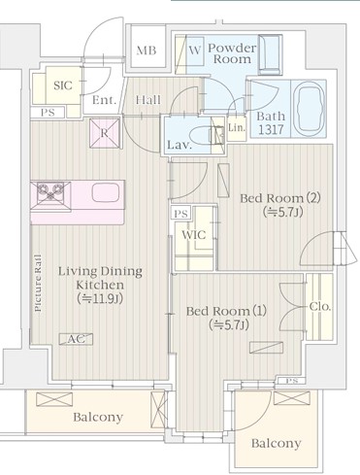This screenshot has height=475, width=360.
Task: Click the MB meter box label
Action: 147,51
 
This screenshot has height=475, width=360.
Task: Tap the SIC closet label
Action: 63,85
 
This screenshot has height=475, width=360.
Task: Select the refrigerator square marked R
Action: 105,133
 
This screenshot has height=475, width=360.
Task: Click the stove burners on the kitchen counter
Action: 50,192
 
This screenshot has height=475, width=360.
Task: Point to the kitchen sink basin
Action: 105,192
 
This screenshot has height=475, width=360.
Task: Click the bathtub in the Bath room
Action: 311,109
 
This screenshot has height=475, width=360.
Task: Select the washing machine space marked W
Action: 195,51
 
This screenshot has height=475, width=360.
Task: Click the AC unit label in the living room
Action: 76,339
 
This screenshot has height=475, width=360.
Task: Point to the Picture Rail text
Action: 38,284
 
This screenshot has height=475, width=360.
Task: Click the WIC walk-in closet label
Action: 194,234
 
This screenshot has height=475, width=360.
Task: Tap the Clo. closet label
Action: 320,306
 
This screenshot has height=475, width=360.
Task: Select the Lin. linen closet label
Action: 237,127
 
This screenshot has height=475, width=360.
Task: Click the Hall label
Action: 148,99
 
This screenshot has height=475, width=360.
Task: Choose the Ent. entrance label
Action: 104,100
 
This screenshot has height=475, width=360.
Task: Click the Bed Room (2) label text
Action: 280,198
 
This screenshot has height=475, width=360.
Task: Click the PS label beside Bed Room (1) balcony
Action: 292,381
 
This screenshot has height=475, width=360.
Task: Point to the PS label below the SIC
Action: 48,113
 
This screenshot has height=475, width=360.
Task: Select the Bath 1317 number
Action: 271,129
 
